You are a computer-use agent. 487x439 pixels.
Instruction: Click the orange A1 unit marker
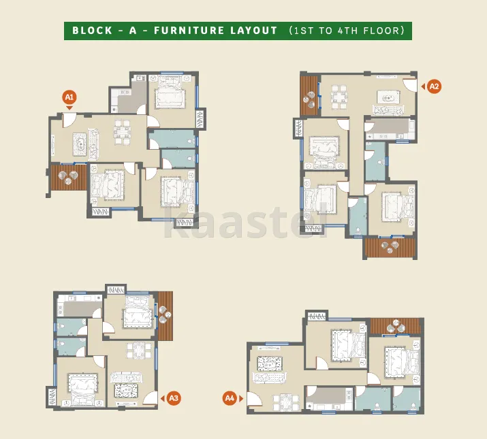pos(69,97)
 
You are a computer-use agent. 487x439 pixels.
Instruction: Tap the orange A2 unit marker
pos(434,86)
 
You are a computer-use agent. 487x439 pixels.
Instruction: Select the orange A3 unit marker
pos(174,398)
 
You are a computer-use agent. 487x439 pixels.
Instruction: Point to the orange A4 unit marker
pos(230,398)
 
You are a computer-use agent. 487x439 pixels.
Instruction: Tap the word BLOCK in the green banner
pos(92,31)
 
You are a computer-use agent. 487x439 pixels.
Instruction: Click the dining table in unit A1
pos(122,132)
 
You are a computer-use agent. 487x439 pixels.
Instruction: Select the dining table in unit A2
pos(339,97)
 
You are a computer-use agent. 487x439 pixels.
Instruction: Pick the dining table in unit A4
pos(286,402)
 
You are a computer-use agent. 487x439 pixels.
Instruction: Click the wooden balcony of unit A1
pos(69,177)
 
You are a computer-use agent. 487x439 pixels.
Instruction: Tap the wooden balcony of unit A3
pos(166,316)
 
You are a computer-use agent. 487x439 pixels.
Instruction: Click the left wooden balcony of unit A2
pos(310,96)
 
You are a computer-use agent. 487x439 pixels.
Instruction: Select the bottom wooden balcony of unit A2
pos(390,248)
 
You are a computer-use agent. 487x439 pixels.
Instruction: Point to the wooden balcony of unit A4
pos(395,327)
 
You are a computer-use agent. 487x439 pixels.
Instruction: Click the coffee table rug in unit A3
pos(126,391)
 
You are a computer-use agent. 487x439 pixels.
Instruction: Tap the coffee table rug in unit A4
pos(270,363)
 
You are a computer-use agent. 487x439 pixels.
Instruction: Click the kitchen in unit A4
pos(329,398)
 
